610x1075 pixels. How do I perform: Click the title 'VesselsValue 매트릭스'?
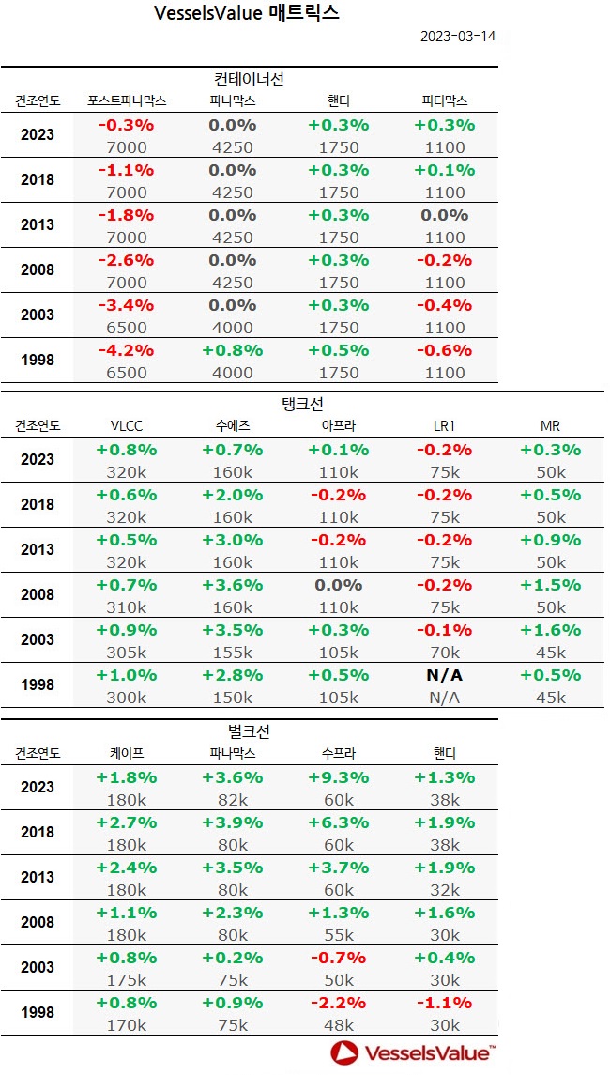pyautogui.click(x=246, y=13)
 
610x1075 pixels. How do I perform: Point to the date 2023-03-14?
pyautogui.click(x=456, y=38)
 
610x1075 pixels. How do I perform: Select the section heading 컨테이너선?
pyautogui.click(x=249, y=79)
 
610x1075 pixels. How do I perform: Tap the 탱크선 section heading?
pyautogui.click(x=303, y=405)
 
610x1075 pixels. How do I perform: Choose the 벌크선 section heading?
pyautogui.click(x=249, y=731)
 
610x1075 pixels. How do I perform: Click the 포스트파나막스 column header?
pyautogui.click(x=127, y=100)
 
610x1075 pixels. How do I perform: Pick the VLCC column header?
pyautogui.click(x=127, y=426)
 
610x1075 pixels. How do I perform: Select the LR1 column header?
pyautogui.click(x=444, y=426)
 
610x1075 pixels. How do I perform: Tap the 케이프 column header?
pyautogui.click(x=127, y=753)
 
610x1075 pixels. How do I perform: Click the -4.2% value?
pyautogui.click(x=127, y=350)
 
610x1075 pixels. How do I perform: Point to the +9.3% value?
pyautogui.click(x=339, y=777)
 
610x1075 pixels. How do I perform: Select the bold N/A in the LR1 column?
pyautogui.click(x=444, y=676)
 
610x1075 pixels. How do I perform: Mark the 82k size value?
pyautogui.click(x=233, y=800)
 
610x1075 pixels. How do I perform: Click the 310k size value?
pyautogui.click(x=127, y=607)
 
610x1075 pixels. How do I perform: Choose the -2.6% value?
pyautogui.click(x=127, y=260)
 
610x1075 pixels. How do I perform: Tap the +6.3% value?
pyautogui.click(x=339, y=822)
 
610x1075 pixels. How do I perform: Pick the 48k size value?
pyautogui.click(x=339, y=1025)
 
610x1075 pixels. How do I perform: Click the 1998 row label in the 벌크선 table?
pyautogui.click(x=38, y=1013)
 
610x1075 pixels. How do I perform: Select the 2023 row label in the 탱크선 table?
pyautogui.click(x=38, y=460)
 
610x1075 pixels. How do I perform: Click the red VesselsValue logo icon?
pyautogui.click(x=343, y=1052)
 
